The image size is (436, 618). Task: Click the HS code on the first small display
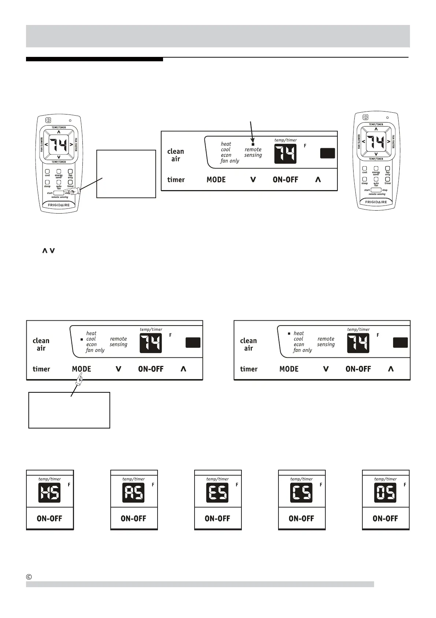[x=49, y=492]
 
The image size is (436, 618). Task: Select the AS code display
[x=133, y=492]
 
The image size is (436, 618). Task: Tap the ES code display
[x=217, y=492]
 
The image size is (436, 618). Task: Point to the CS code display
[x=301, y=492]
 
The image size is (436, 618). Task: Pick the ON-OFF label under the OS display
[x=385, y=519]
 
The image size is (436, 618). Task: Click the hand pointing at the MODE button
[x=78, y=379]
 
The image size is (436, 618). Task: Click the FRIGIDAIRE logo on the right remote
[x=376, y=202]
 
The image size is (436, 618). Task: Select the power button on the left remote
[x=48, y=120]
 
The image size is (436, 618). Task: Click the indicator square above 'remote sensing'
[x=253, y=144]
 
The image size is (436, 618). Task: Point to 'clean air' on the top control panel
[x=175, y=155]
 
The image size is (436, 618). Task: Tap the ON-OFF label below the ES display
[x=217, y=519]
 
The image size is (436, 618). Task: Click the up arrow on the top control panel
[x=318, y=180]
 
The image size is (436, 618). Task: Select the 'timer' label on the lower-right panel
[x=249, y=369]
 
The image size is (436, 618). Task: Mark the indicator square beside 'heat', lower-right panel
[x=289, y=333]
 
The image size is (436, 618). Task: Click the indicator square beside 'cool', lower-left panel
[x=82, y=339]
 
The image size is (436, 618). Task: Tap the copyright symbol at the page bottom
[x=29, y=577]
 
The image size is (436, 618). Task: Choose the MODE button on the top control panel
[x=216, y=180]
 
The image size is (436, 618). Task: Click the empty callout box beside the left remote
[x=126, y=174]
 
